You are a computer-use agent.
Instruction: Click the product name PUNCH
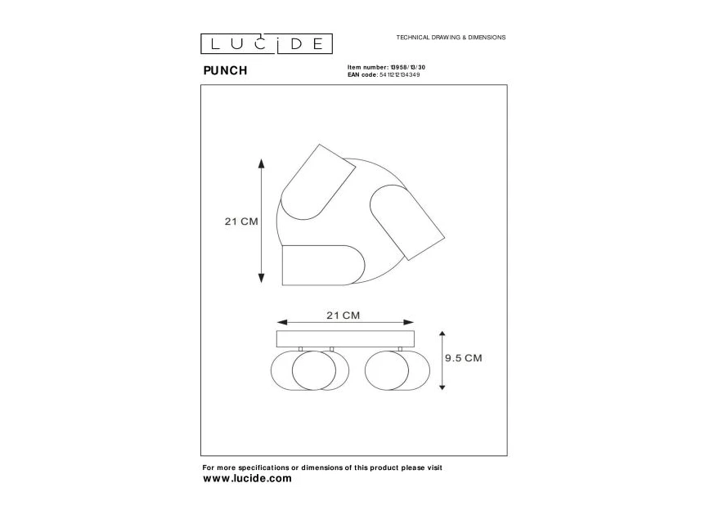pos(225,70)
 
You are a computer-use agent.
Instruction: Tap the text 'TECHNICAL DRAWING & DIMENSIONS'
pos(451,38)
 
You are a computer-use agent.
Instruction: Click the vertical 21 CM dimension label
pos(241,221)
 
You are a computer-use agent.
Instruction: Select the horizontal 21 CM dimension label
pos(344,314)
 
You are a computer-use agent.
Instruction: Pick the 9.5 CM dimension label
pos(463,358)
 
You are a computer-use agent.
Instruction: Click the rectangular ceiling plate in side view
pos(346,338)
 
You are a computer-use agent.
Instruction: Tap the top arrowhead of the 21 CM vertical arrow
pos(261,163)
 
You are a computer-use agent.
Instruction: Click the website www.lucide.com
pos(247,479)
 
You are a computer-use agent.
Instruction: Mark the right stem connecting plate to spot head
pos(400,350)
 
